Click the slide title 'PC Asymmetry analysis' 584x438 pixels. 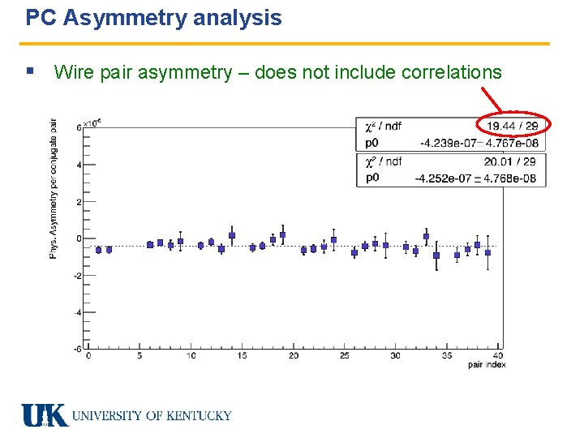pyautogui.click(x=154, y=18)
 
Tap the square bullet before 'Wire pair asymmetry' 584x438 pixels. pyautogui.click(x=30, y=71)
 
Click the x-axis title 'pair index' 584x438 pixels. pyautogui.click(x=487, y=364)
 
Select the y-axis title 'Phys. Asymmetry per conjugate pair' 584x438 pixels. pyautogui.click(x=54, y=188)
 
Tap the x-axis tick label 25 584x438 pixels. pyautogui.click(x=345, y=356)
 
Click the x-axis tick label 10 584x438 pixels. pyautogui.click(x=191, y=356)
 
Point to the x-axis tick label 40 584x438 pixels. pyautogui.click(x=498, y=356)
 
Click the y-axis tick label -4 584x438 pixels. pyautogui.click(x=78, y=312)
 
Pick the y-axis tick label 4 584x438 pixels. pyautogui.click(x=79, y=165)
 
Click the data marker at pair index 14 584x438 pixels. pyautogui.click(x=232, y=235)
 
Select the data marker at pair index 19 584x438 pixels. pyautogui.click(x=283, y=234)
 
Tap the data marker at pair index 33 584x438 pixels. pyautogui.click(x=426, y=237)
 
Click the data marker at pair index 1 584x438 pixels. pyautogui.click(x=99, y=250)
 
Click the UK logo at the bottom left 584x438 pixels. pyautogui.click(x=45, y=415)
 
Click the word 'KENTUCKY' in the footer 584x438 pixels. pyautogui.click(x=199, y=416)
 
